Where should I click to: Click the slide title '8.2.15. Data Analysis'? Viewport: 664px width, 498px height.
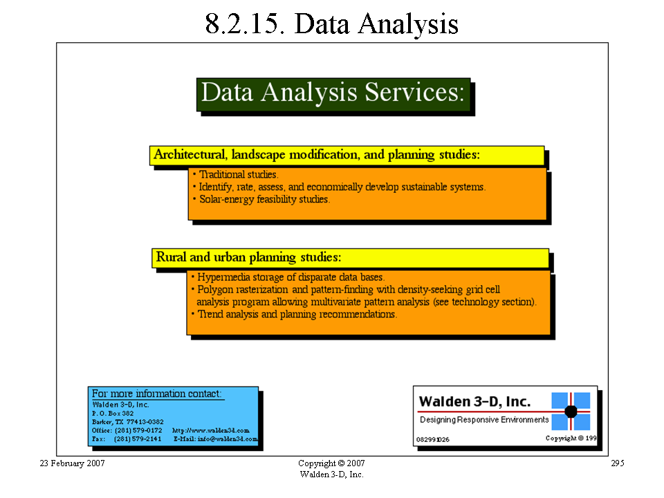click(x=331, y=24)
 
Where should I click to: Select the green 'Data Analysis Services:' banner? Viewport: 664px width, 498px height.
click(x=333, y=95)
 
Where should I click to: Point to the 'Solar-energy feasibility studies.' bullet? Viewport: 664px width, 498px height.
click(x=261, y=199)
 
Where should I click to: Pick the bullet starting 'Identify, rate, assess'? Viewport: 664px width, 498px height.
click(x=339, y=187)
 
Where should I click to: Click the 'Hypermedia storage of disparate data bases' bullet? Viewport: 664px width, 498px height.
click(x=288, y=277)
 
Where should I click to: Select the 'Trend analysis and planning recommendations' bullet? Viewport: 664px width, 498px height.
click(x=294, y=315)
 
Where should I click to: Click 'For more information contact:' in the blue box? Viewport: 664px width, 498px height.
click(x=157, y=394)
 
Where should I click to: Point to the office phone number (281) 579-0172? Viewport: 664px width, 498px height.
click(x=138, y=430)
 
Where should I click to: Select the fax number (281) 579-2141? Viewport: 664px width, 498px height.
click(x=138, y=439)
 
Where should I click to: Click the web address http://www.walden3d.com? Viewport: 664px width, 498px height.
click(x=210, y=430)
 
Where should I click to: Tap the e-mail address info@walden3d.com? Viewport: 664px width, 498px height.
click(x=228, y=439)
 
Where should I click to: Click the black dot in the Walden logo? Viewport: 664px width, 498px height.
click(x=571, y=411)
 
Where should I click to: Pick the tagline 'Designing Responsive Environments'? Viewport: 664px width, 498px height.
click(x=484, y=420)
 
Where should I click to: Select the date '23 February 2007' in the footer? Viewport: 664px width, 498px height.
click(x=73, y=463)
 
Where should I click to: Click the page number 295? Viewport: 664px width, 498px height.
click(x=618, y=463)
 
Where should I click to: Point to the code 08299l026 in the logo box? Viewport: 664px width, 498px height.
click(x=433, y=440)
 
